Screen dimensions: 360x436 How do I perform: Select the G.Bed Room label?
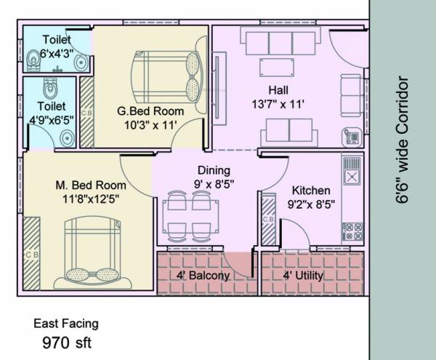click(150, 112)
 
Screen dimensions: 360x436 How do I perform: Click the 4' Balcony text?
click(203, 276)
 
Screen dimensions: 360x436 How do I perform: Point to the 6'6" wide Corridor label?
click(405, 145)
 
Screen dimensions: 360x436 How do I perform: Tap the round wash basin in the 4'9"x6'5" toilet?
click(67, 137)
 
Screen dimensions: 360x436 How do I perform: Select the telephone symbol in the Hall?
click(350, 136)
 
